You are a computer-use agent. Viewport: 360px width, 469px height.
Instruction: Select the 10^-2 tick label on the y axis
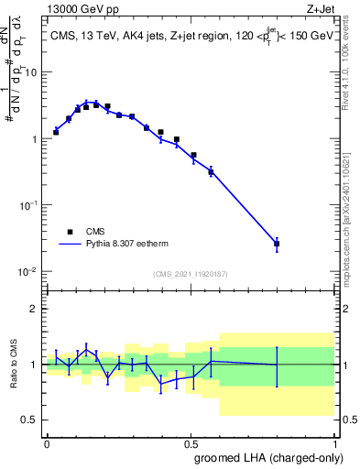tap(29, 272)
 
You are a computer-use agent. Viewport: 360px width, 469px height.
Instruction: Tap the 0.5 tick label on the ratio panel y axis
tap(31, 420)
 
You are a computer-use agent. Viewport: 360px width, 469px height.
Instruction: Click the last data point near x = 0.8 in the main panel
tap(277, 244)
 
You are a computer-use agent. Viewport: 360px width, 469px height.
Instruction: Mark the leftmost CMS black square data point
tap(56, 132)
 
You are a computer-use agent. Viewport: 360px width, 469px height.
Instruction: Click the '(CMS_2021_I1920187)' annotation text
tap(190, 273)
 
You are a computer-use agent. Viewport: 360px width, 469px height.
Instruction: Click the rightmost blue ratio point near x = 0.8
tap(277, 365)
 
